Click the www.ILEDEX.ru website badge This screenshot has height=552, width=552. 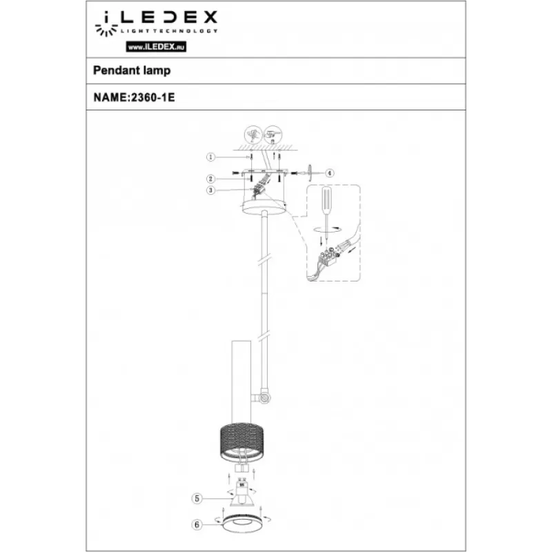click(x=156, y=47)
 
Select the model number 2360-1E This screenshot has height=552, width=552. click(x=153, y=97)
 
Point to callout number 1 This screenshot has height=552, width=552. click(x=210, y=157)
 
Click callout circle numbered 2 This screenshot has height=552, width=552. click(x=210, y=179)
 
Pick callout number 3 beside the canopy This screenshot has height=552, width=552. click(x=210, y=190)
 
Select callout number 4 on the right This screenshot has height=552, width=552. click(x=330, y=173)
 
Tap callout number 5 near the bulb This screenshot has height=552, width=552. click(x=197, y=498)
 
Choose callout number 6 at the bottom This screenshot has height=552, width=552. click(x=197, y=524)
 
